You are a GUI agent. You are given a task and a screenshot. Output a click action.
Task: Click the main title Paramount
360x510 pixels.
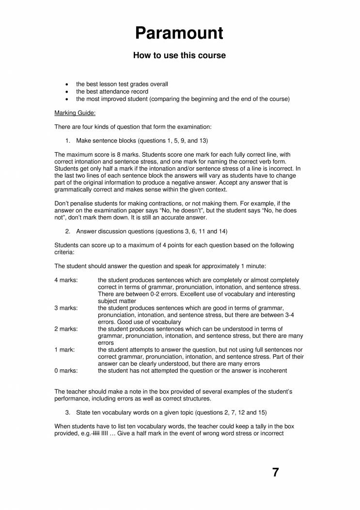179,33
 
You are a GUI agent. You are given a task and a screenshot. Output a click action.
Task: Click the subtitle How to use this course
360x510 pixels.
179,56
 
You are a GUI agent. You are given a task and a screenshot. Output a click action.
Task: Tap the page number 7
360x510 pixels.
275,473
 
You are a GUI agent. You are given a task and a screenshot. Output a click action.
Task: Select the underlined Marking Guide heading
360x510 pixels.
75,113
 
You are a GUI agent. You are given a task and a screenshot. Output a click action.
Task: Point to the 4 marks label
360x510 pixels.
65,280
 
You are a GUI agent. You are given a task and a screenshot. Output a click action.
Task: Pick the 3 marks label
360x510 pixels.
65,308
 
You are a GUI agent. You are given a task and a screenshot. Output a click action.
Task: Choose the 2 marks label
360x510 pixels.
65,329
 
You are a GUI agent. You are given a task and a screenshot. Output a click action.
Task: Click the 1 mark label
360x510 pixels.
64,350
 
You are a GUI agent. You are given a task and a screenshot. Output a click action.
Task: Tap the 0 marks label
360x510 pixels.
65,371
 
